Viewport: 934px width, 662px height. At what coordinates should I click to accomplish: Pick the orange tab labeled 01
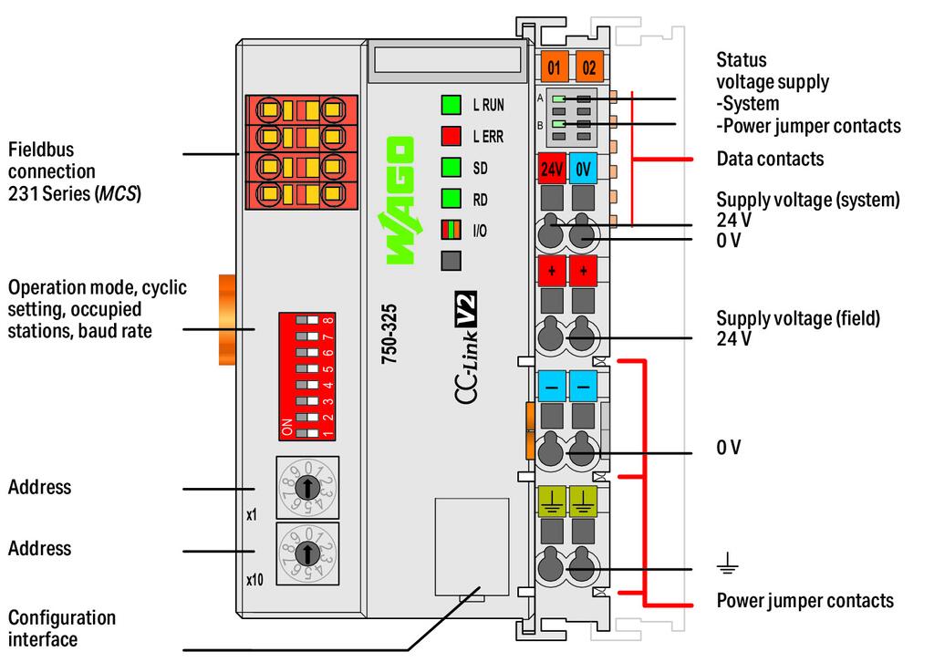(554, 67)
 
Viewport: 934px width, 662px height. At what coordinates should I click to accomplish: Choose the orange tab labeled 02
(589, 67)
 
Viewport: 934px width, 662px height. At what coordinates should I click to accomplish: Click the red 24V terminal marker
(551, 169)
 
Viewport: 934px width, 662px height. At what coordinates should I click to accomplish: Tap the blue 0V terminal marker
(584, 169)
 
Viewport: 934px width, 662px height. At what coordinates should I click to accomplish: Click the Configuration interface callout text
(62, 628)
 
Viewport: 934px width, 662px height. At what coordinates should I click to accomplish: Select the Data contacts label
(770, 160)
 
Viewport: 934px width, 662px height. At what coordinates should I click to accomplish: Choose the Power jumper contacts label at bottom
(804, 600)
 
